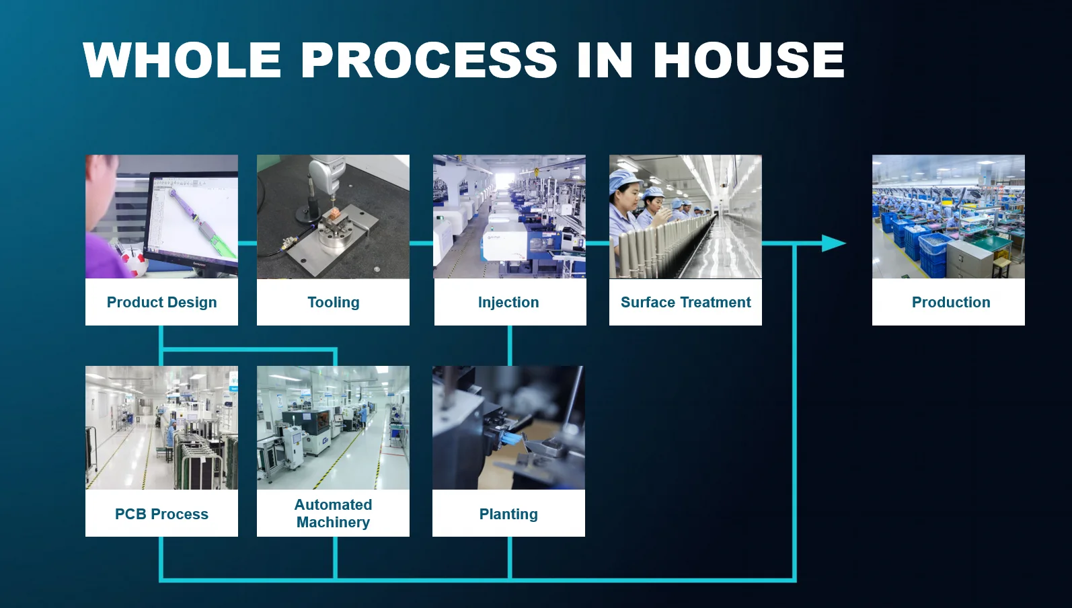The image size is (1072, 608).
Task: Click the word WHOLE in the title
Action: tap(182, 60)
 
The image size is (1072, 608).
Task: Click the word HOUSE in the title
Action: tap(749, 60)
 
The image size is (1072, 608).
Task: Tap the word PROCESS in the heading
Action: tap(429, 60)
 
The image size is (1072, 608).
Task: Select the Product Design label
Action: tap(161, 303)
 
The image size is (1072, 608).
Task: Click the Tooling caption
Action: tap(333, 303)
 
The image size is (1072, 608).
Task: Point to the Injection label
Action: tap(508, 303)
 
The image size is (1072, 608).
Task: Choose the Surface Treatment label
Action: tap(685, 303)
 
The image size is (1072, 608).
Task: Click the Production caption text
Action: tap(950, 303)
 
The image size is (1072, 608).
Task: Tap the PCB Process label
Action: tap(161, 515)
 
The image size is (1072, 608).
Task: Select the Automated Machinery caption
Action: tap(333, 513)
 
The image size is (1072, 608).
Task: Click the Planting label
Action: tap(508, 515)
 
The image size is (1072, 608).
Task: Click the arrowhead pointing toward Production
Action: tap(834, 243)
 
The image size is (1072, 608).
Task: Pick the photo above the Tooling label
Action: tap(333, 217)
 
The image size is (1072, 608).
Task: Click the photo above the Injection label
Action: tap(509, 217)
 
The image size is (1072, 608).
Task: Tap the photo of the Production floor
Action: tap(948, 217)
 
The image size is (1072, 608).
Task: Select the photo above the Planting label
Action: tap(508, 428)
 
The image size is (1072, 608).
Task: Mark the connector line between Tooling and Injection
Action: tap(421, 243)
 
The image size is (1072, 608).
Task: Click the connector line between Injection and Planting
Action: tap(510, 346)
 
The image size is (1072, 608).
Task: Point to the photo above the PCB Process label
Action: tap(161, 428)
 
